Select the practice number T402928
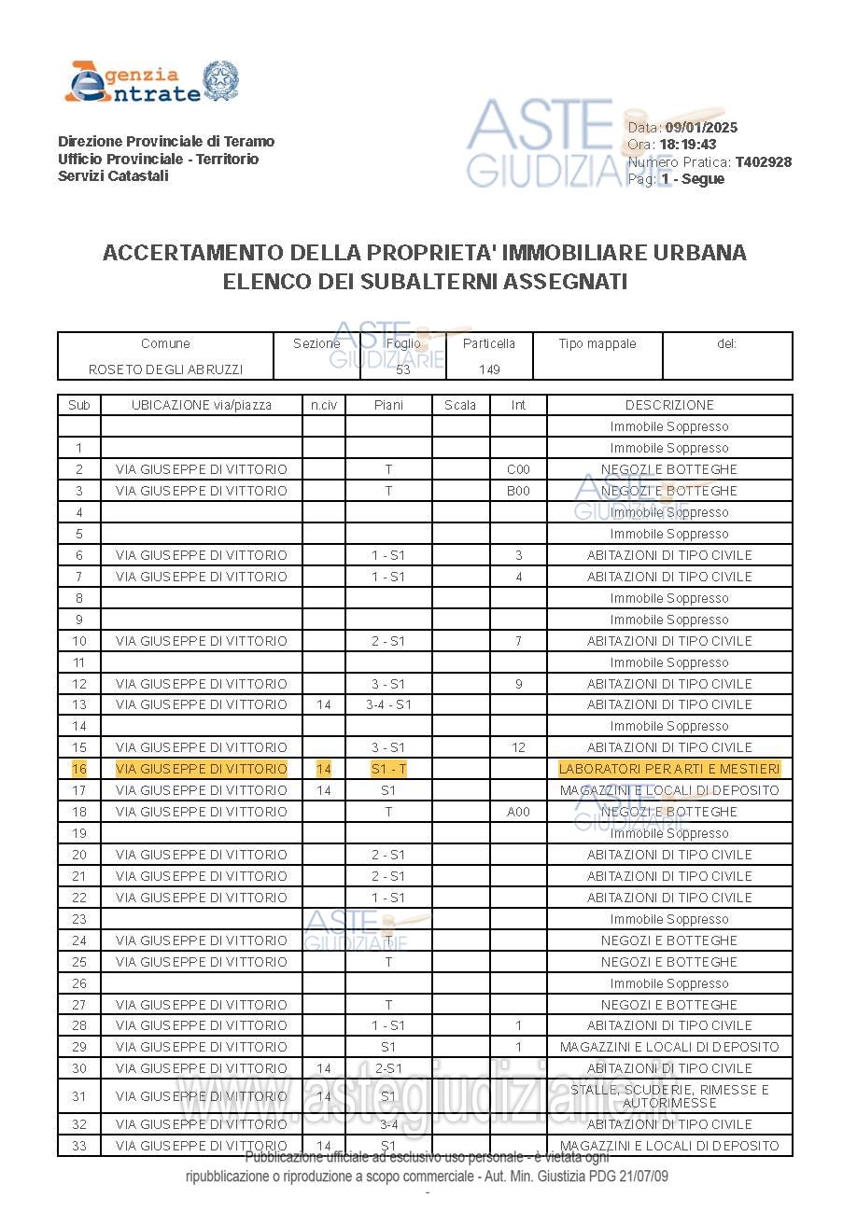tap(763, 161)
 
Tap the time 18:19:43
tap(688, 145)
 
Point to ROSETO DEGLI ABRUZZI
tap(165, 369)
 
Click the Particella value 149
tap(489, 369)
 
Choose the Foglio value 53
tap(403, 369)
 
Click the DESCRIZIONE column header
tap(669, 405)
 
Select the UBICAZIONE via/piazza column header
tap(202, 405)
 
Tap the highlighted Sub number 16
tap(79, 769)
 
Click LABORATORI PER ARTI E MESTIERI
tap(669, 769)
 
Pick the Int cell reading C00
tap(518, 469)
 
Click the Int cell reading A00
tap(518, 812)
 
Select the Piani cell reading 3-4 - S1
tap(388, 704)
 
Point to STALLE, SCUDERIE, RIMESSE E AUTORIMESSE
tap(669, 1096)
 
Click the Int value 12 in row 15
tap(518, 747)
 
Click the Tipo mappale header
tap(597, 343)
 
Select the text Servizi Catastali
tap(113, 176)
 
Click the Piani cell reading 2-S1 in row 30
tap(388, 1068)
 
